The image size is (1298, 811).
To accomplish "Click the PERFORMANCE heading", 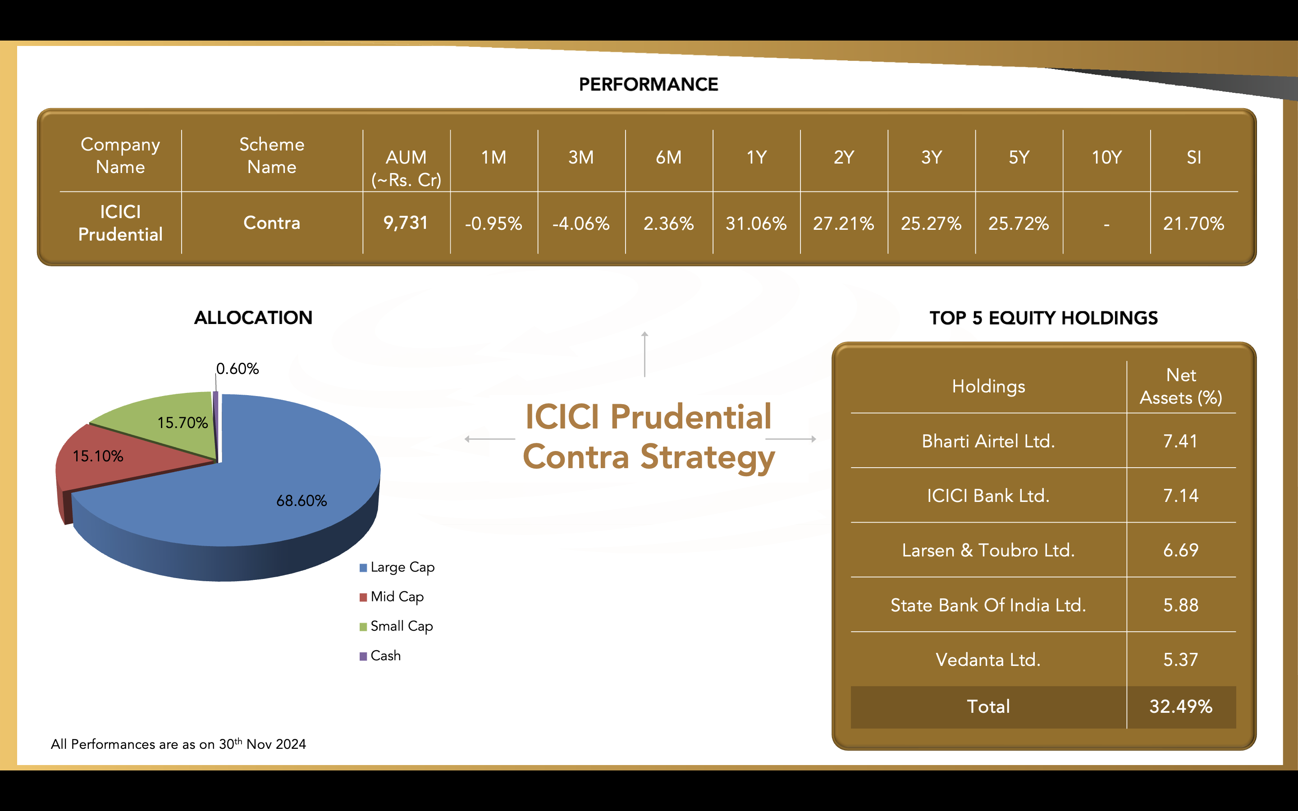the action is coord(649,84).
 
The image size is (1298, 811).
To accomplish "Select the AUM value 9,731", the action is coord(406,223).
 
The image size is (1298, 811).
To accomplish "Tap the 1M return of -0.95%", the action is coord(494,223).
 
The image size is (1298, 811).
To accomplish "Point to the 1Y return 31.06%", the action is coord(756,223).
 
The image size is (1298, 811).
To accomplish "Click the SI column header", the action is coord(1194,157).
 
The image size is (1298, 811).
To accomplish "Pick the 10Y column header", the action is coord(1106,157).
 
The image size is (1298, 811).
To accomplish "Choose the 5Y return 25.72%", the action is coord(1019,223).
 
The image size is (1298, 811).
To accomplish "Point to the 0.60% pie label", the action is coord(237,369).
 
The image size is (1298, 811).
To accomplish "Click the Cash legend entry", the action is coord(380,656).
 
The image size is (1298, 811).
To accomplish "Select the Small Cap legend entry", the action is coord(396,626).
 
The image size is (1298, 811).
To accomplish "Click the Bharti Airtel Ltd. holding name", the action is coord(988,441).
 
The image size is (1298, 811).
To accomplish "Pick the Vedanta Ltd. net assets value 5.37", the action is coord(1180,659).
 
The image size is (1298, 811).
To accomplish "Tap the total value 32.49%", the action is coord(1180,706).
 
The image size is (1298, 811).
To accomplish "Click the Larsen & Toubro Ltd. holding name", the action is coord(988,550).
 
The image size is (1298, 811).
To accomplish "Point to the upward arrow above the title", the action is coord(644,354).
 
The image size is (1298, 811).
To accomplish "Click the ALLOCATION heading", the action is coord(253,318).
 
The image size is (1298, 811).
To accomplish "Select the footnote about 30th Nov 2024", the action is coord(178,743).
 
